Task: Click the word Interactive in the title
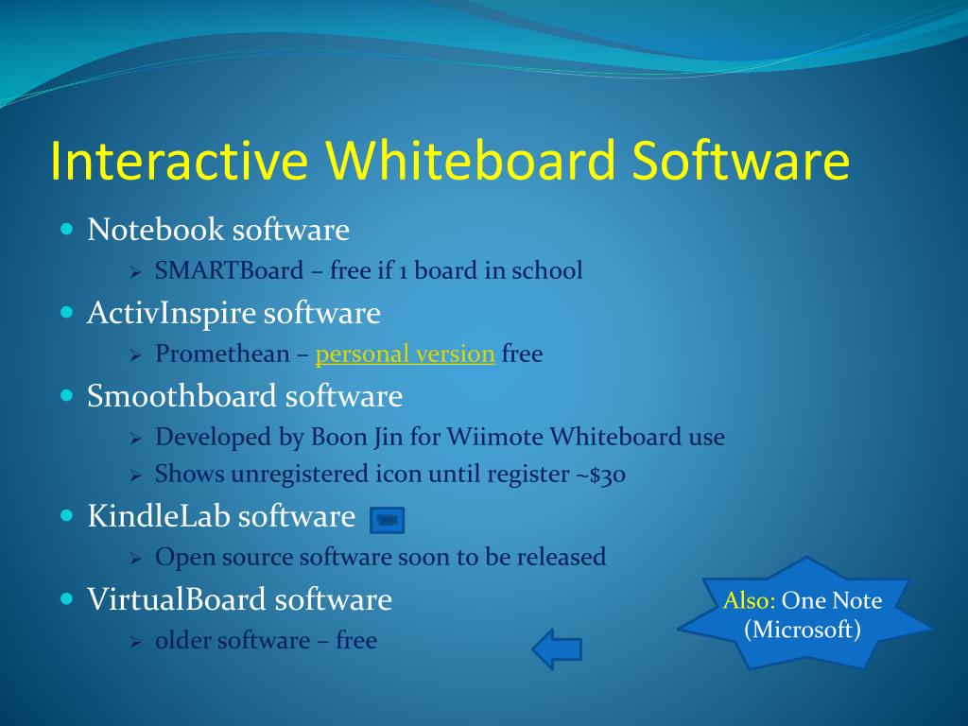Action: [179, 161]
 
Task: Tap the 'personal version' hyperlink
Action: [405, 354]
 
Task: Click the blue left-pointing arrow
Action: [557, 649]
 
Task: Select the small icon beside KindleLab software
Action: [386, 520]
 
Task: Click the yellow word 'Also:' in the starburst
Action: [749, 600]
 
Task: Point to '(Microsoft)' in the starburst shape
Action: [803, 630]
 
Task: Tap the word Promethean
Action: [222, 354]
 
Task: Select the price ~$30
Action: [600, 474]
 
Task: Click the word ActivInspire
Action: [171, 312]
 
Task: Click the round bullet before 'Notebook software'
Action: [66, 229]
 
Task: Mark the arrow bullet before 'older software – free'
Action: [135, 642]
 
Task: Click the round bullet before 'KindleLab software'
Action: [66, 516]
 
